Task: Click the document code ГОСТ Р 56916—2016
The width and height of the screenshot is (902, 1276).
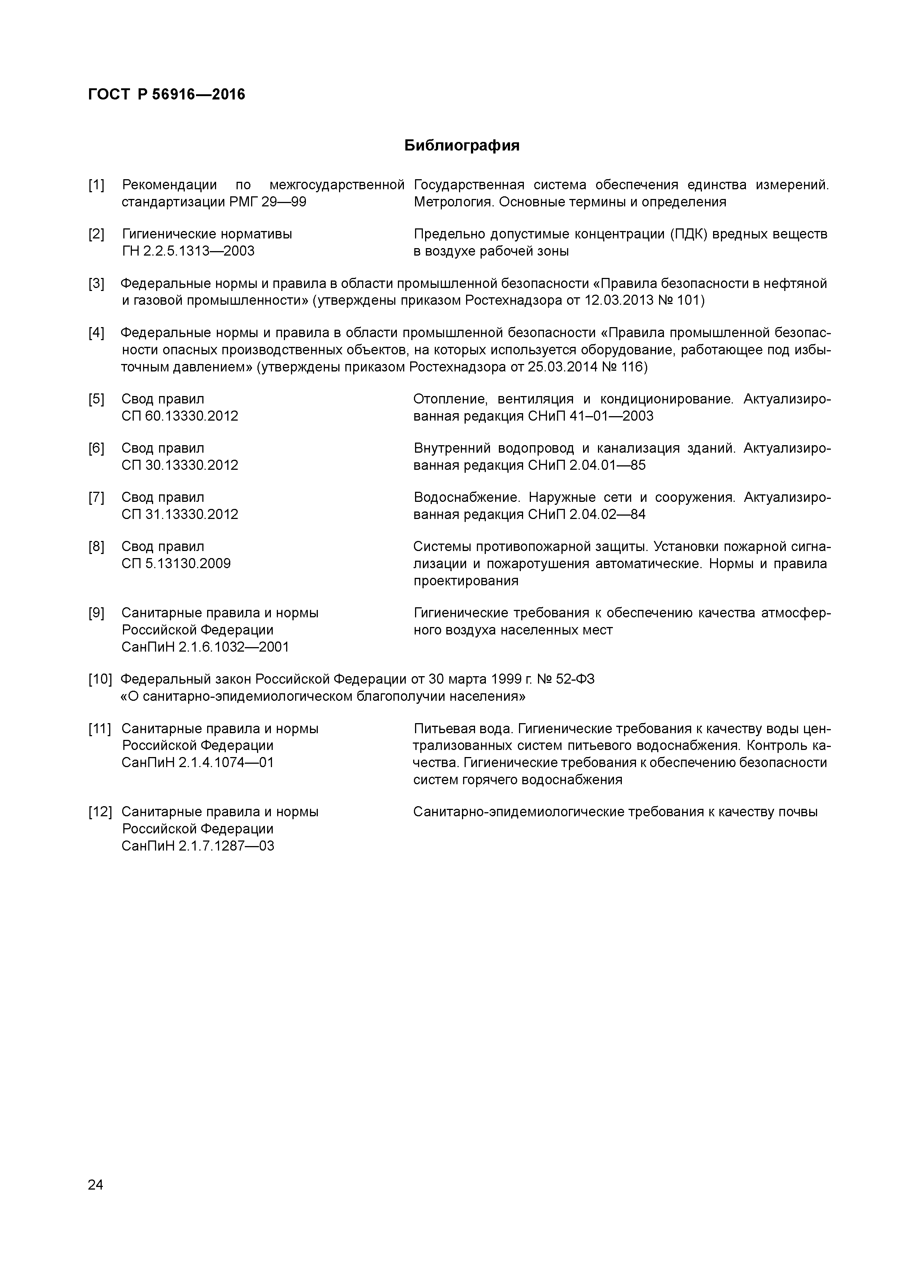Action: pyautogui.click(x=166, y=95)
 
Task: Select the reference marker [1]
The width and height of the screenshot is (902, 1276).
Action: pyautogui.click(x=96, y=185)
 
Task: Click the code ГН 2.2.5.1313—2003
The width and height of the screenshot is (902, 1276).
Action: pyautogui.click(x=188, y=251)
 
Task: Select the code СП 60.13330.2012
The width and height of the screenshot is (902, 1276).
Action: pyautogui.click(x=180, y=416)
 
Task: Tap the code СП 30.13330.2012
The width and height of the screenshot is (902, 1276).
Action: pyautogui.click(x=180, y=465)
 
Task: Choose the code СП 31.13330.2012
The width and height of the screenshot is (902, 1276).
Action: pyautogui.click(x=180, y=514)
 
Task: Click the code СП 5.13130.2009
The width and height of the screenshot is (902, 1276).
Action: pyautogui.click(x=175, y=564)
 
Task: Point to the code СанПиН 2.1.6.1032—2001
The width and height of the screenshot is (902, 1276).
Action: pyautogui.click(x=205, y=647)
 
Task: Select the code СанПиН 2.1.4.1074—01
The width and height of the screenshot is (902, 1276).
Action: pyautogui.click(x=198, y=763)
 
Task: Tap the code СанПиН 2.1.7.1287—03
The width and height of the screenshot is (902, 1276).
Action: pyautogui.click(x=198, y=846)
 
